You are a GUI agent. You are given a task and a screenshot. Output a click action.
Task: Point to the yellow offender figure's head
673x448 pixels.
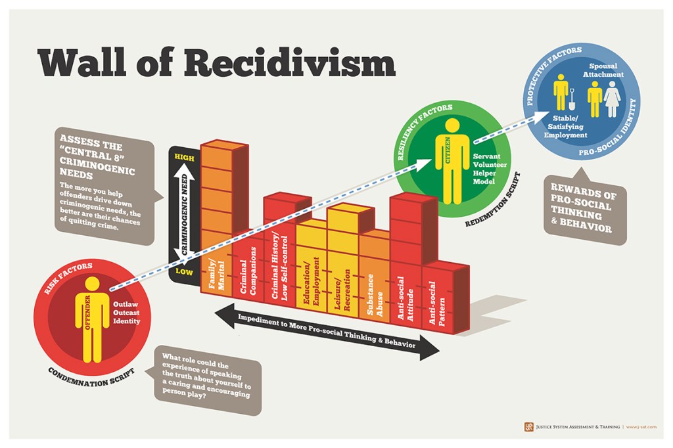tap(92, 284)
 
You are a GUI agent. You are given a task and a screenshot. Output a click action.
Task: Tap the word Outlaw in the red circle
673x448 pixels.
tap(126, 304)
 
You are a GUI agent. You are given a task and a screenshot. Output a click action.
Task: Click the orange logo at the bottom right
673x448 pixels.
tap(529, 427)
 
